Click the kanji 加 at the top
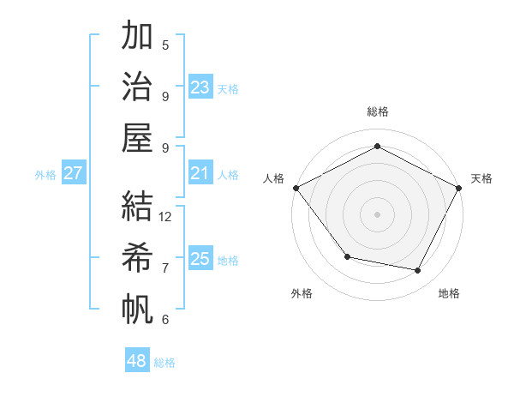click(137, 36)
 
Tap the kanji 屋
click(137, 137)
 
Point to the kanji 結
click(137, 206)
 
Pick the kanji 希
click(137, 257)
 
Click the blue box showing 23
click(200, 87)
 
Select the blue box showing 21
click(200, 174)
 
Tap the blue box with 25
click(200, 259)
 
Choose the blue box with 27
click(73, 174)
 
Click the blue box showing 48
click(137, 361)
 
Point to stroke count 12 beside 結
click(166, 216)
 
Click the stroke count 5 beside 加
click(165, 45)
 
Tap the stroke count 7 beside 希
click(165, 268)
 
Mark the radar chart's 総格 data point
click(377, 146)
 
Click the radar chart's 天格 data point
click(459, 187)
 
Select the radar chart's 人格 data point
click(296, 187)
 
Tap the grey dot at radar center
click(377, 214)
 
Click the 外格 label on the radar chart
click(302, 293)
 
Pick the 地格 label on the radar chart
click(449, 293)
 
